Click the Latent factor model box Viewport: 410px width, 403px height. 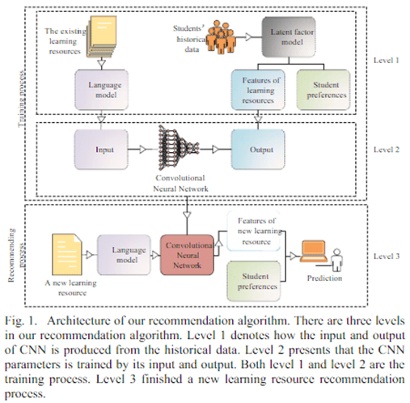tap(289, 37)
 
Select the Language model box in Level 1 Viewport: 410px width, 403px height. tap(101, 90)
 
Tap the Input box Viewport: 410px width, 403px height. tap(101, 150)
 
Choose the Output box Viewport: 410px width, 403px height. tap(258, 150)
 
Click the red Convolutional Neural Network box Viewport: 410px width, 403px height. tap(187, 255)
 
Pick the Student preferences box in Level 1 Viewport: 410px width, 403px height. tap(323, 90)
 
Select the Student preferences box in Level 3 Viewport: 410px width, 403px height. tap(254, 282)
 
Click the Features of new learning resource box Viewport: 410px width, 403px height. tap(254, 231)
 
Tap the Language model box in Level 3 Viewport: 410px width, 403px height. tap(124, 255)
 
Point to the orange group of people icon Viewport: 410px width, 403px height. tap(222, 36)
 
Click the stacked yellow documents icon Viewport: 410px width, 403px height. tap(101, 36)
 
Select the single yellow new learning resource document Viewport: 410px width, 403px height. tap(67, 254)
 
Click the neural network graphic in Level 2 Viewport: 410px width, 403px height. tap(179, 147)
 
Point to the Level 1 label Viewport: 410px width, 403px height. tap(386, 60)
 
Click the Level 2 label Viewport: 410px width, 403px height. tap(386, 150)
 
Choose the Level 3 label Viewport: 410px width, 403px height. tap(386, 256)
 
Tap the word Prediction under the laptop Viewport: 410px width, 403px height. tap(324, 278)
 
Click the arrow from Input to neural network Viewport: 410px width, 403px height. tap(139, 149)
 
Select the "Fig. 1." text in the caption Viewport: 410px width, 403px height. tap(20, 321)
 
